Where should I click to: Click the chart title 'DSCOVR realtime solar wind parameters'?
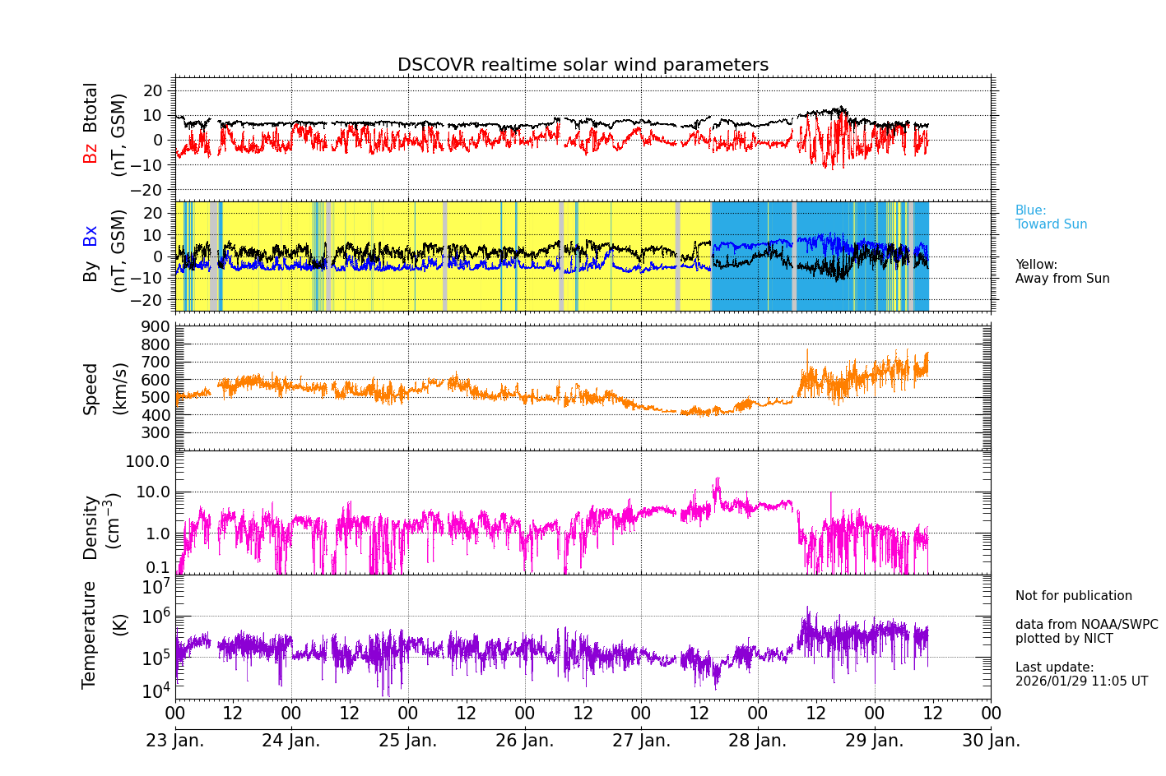pos(583,65)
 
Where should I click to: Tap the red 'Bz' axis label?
pos(91,153)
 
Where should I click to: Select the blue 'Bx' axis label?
pos(91,235)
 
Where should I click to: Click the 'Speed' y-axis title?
pos(91,389)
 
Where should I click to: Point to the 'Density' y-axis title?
pos(91,527)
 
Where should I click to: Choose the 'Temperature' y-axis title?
pos(90,634)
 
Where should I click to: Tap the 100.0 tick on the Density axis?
pos(147,461)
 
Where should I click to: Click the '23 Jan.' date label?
pos(174,741)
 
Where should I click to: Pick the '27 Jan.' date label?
pos(641,741)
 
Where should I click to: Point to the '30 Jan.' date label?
pos(991,741)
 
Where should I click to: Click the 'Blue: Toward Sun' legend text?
pos(1051,218)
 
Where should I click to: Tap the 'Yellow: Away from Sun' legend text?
pos(1061,272)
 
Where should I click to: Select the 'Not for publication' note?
pos(1073,596)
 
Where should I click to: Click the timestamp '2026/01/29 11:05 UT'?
pos(1081,681)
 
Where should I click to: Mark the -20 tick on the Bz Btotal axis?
pos(153,190)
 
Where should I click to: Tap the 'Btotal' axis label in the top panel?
pos(91,107)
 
